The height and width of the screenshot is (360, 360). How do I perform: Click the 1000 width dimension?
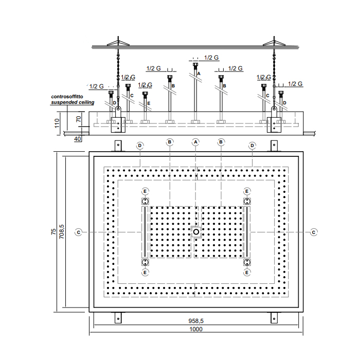pos(196,329)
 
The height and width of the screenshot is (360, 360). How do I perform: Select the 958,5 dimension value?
pos(196,321)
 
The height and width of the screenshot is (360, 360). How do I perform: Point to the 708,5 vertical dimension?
pos(62,231)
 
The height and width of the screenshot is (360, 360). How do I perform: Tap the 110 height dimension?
pos(57,123)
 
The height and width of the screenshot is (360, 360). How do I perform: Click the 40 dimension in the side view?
pos(77,139)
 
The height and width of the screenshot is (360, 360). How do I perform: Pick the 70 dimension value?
pos(79,119)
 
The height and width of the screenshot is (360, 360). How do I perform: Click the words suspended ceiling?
pos(73,102)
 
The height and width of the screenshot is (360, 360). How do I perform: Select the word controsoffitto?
pos(67,97)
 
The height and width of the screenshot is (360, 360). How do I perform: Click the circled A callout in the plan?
pos(195,142)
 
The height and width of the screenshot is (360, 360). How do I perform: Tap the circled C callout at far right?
pos(314,232)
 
